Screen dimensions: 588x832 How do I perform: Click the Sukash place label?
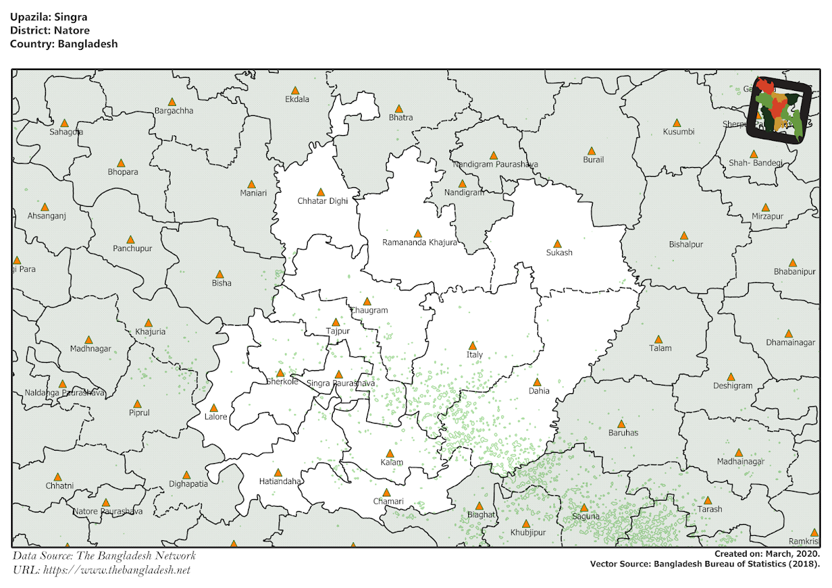[559, 253]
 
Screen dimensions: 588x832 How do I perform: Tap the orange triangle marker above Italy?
[473, 345]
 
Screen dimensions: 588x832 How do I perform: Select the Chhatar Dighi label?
[322, 201]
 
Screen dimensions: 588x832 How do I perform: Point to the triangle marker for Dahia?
[537, 381]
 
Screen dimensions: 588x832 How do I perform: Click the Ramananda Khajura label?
[419, 243]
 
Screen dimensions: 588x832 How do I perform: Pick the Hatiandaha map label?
[280, 481]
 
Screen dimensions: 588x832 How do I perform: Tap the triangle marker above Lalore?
[214, 408]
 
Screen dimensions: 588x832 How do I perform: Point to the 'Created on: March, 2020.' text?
[767, 554]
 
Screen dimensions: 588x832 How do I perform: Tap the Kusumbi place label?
[678, 132]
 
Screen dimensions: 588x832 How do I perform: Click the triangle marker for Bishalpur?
[684, 235]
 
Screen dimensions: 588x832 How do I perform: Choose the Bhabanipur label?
[795, 272]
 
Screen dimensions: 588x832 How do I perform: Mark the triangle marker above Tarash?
[708, 500]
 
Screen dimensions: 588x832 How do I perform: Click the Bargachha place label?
[174, 111]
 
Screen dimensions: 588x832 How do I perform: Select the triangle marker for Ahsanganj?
[45, 207]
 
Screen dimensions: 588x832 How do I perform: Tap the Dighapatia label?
[188, 484]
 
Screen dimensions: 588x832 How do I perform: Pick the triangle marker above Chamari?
[387, 492]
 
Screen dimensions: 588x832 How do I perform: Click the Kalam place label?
[392, 462]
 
